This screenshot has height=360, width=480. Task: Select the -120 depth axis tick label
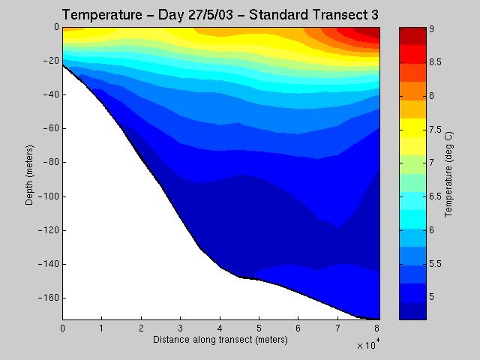point(48,230)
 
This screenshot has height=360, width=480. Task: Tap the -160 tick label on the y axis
point(48,298)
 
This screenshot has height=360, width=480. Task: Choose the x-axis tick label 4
point(220,328)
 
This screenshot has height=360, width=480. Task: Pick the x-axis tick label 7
point(338,328)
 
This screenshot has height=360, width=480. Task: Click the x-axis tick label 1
point(102,328)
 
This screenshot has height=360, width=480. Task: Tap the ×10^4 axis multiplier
point(368,346)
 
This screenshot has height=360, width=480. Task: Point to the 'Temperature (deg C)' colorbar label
point(448,173)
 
